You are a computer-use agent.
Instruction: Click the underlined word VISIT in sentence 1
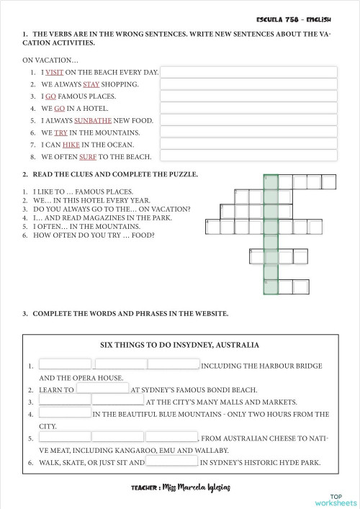55,72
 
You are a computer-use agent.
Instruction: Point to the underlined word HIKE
71,144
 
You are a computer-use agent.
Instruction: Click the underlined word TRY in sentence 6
60,132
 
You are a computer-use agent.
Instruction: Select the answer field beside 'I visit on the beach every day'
248,72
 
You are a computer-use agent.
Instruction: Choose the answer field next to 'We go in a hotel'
248,108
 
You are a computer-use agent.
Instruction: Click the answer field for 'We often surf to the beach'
248,156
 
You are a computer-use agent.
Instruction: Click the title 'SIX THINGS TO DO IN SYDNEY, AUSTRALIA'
179,345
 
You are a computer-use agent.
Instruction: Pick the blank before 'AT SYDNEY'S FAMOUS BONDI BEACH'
102,389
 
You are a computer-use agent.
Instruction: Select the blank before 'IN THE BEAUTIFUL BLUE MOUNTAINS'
65,413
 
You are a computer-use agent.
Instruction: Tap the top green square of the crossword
270,181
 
